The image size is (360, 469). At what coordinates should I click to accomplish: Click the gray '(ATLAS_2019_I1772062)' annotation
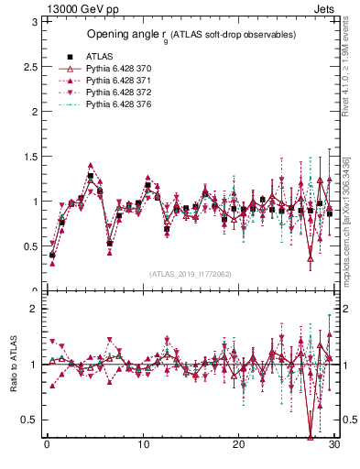coord(191,274)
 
